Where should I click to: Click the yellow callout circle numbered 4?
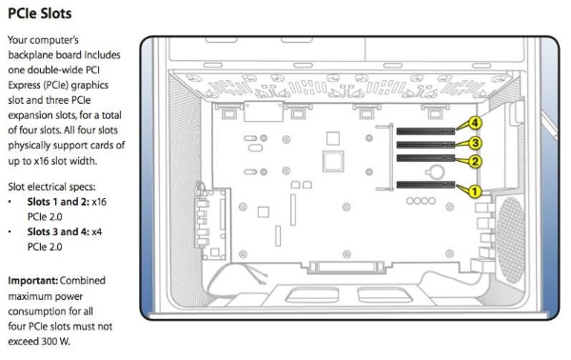point(475,123)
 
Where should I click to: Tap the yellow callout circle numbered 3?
point(475,143)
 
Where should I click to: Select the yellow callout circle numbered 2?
point(475,161)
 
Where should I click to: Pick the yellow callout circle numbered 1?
point(474,190)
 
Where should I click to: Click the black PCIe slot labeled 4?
point(425,131)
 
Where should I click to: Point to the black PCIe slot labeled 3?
point(425,145)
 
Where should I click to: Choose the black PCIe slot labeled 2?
point(425,158)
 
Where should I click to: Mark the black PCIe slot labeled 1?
point(425,185)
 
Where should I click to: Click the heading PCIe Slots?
point(40,13)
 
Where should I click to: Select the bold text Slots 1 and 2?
point(58,202)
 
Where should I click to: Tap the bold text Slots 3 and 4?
point(58,231)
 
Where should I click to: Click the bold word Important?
point(32,281)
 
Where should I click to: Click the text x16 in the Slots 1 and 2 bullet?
point(99,202)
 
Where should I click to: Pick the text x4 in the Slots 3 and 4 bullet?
point(97,232)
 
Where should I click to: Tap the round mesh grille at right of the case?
point(511,240)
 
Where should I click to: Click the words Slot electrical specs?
point(51,187)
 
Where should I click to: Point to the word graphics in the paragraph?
point(89,86)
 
